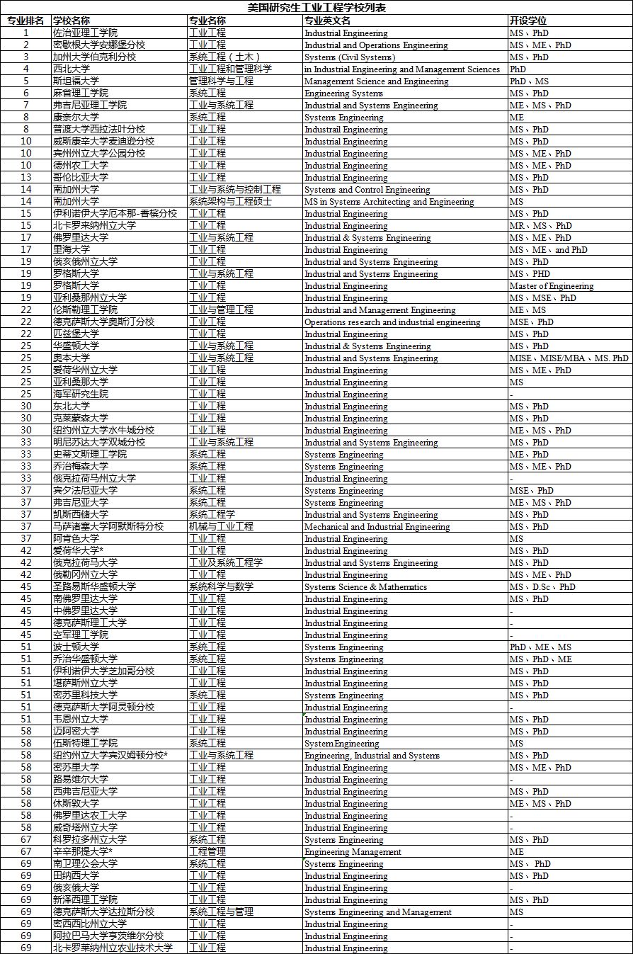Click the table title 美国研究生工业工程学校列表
(x=316, y=8)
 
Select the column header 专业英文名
(x=327, y=21)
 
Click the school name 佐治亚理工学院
(x=85, y=33)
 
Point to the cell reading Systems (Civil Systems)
(x=350, y=57)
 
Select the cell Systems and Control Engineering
(x=367, y=190)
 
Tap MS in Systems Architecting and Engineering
(x=389, y=202)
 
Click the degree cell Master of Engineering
(x=552, y=286)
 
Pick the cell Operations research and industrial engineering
(x=392, y=322)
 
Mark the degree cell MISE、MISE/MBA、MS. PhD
(x=569, y=358)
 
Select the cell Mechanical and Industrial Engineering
(x=377, y=527)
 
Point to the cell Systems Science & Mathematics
(x=365, y=587)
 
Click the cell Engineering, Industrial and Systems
(x=372, y=756)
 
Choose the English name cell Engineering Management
(x=353, y=852)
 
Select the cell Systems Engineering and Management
(x=377, y=912)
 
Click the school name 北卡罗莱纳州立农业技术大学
(x=113, y=948)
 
